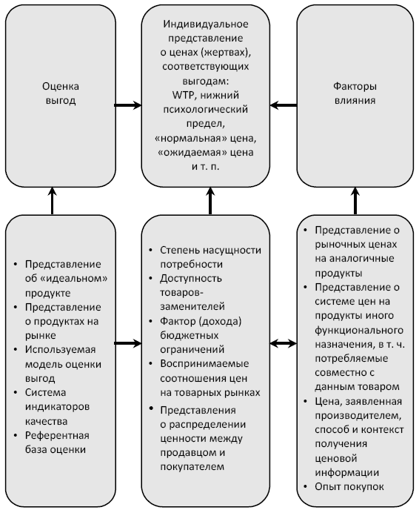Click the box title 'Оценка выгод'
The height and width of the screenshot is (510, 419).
(x=61, y=93)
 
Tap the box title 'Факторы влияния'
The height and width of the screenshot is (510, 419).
(x=355, y=93)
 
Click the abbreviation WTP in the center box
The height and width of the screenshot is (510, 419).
(x=183, y=95)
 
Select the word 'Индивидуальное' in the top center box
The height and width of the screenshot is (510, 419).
(x=206, y=24)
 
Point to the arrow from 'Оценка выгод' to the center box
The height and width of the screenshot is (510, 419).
(x=128, y=105)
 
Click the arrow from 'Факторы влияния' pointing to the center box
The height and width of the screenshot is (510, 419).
(x=284, y=105)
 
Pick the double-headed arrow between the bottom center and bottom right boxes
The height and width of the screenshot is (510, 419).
(x=284, y=343)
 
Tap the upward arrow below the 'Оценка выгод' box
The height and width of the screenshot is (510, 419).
(x=53, y=201)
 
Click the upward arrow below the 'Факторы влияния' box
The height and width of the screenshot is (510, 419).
(x=355, y=201)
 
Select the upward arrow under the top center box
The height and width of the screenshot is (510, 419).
(x=210, y=201)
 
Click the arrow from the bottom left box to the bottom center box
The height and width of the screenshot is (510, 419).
(x=128, y=343)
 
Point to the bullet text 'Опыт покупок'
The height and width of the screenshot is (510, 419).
(x=349, y=486)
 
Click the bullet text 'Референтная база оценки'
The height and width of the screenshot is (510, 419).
(x=57, y=443)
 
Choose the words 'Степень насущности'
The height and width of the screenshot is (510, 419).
(x=210, y=250)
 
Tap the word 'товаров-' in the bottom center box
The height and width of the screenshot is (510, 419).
(x=181, y=292)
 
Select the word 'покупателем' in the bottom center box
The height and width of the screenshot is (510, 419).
(x=192, y=466)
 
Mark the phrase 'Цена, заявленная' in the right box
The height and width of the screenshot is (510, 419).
(x=358, y=401)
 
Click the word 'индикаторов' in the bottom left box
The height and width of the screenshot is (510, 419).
(x=57, y=406)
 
